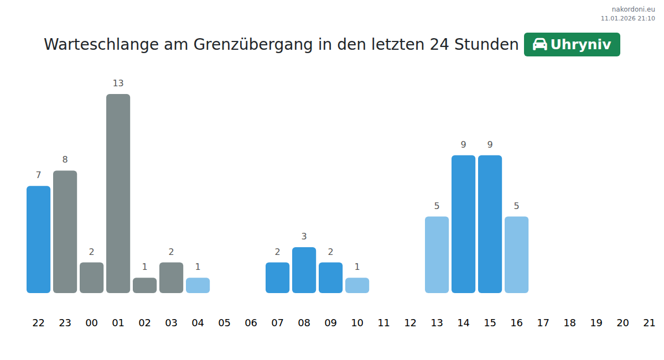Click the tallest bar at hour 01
[118, 194]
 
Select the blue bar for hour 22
[38, 239]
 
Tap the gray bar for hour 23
[65, 232]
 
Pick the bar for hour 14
[463, 224]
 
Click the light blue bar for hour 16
[516, 254]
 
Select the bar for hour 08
[304, 270]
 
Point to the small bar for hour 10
[357, 285]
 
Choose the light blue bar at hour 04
[198, 285]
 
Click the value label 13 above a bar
[118, 84]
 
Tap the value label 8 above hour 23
[65, 160]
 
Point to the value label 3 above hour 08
[304, 237]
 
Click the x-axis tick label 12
[410, 323]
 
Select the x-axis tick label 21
[649, 323]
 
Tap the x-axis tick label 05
[224, 323]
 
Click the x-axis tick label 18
[569, 323]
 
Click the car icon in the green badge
[539, 44]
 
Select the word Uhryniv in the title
[581, 45]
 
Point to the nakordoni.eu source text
[633, 9]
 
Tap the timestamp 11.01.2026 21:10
[627, 18]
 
